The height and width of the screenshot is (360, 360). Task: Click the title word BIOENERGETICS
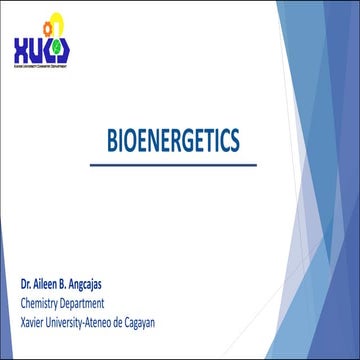click(x=180, y=141)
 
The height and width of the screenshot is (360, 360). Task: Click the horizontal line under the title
click(x=180, y=163)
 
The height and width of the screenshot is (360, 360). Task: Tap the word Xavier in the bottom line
click(x=34, y=320)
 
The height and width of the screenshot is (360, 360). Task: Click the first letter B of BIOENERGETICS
click(x=111, y=141)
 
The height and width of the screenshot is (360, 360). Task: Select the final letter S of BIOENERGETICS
click(x=250, y=141)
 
